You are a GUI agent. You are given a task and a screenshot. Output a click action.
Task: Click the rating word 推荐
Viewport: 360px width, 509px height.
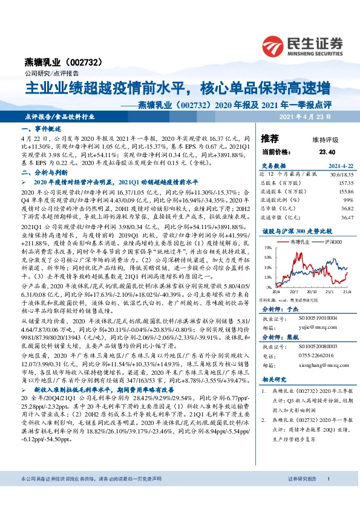pyautogui.click(x=270, y=138)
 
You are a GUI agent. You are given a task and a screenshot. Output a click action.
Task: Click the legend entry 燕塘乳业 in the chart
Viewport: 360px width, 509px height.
pyautogui.click(x=301, y=241)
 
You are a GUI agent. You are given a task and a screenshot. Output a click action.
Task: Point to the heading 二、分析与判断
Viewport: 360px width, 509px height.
pyautogui.click(x=41, y=172)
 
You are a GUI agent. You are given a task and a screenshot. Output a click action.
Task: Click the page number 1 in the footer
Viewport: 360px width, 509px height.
pyautogui.click(x=327, y=496)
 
